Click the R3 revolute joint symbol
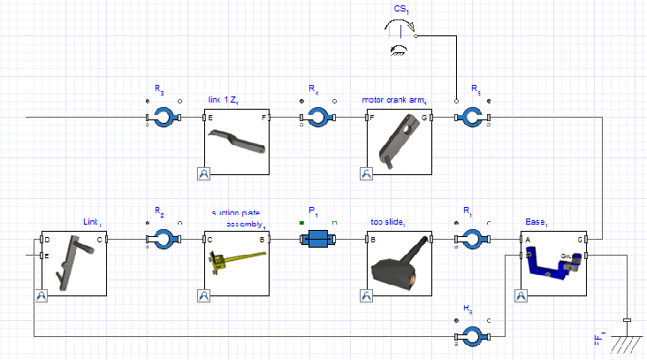[x=164, y=118]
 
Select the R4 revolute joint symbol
[x=317, y=118]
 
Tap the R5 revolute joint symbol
[x=472, y=118]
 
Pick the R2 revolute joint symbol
[x=164, y=239]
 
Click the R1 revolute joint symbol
[x=472, y=239]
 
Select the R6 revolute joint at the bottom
[x=472, y=335]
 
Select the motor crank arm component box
[x=398, y=142]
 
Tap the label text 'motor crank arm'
[x=394, y=99]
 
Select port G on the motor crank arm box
[x=431, y=118]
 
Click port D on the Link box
[x=41, y=239]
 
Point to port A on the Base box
[x=521, y=239]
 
